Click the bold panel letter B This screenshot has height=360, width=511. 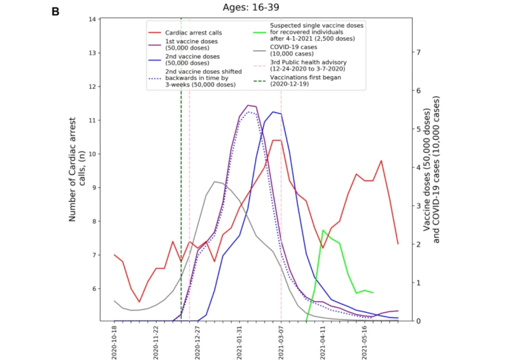click(x=55, y=12)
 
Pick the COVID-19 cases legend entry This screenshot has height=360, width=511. click(x=292, y=50)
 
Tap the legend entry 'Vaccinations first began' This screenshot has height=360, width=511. click(x=305, y=80)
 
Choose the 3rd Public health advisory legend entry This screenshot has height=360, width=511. click(x=308, y=65)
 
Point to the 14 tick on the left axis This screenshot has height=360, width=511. click(x=91, y=19)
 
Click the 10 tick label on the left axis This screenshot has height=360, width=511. click(x=91, y=154)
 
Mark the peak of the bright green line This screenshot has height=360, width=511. click(x=323, y=230)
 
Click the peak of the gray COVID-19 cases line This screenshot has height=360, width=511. click(x=215, y=182)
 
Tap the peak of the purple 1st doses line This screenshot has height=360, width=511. click(x=248, y=105)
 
